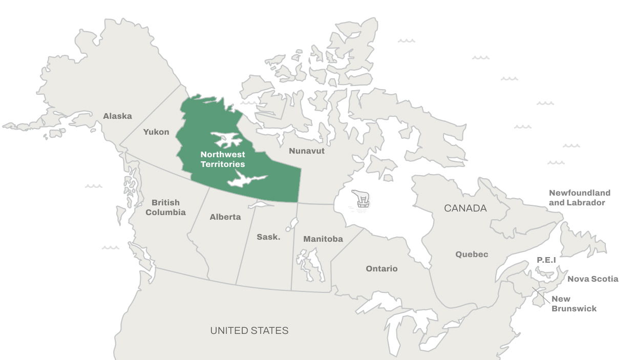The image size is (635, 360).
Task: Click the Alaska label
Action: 117,116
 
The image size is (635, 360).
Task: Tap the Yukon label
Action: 156,132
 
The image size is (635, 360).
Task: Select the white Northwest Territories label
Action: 223,159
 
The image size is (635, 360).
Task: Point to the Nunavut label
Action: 307,151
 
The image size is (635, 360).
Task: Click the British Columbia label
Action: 165,207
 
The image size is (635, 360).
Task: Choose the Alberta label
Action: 225,217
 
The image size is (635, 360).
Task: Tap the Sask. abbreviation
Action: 268,237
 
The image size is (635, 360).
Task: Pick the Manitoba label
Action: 323,239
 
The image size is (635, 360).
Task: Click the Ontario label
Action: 382,269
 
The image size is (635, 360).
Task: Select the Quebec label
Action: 472,255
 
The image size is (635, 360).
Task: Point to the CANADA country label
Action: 465,208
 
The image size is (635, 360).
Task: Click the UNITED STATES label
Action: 249,331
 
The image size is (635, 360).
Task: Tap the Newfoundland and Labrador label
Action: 580,198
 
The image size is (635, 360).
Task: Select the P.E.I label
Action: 546,260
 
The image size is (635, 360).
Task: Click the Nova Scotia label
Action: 592,279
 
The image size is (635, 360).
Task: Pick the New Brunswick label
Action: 574,304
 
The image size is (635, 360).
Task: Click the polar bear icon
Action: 362,199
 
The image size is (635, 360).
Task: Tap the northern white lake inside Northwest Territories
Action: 226,139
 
